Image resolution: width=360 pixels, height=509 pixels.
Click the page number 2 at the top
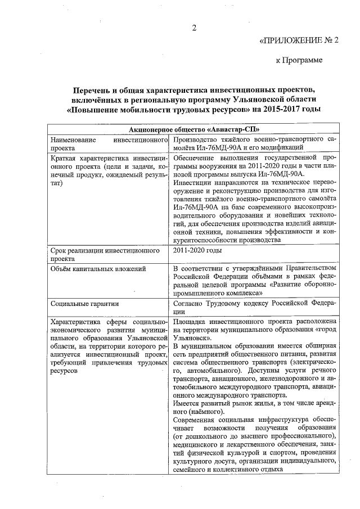point(194,29)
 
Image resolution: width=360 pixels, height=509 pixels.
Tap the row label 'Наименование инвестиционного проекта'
point(109,143)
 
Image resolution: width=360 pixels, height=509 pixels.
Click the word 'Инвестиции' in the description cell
point(193,183)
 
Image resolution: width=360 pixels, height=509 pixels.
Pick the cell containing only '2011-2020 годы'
point(198,250)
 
